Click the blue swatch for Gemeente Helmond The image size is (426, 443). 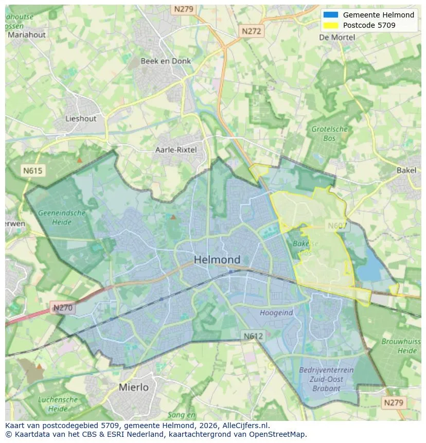[x=331, y=15]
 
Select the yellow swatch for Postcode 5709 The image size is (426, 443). [x=331, y=25]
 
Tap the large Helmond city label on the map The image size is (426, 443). [x=217, y=260]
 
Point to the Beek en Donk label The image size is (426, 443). [x=166, y=61]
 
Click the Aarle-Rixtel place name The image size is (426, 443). [x=176, y=150]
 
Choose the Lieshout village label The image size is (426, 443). [x=81, y=118]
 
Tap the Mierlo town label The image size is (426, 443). [x=133, y=387]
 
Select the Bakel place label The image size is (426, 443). [x=406, y=170]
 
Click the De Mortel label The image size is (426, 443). [x=337, y=37]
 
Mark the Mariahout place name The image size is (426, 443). [x=26, y=35]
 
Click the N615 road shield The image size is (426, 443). [x=33, y=170]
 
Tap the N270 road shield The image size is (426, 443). [x=63, y=308]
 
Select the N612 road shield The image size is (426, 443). [x=254, y=335]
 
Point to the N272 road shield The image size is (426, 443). [x=252, y=31]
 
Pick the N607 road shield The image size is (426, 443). [x=338, y=225]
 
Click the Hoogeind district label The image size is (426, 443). [x=276, y=312]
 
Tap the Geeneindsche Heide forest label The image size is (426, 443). [x=62, y=217]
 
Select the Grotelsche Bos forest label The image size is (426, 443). [x=330, y=133]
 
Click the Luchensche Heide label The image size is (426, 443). [x=58, y=404]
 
